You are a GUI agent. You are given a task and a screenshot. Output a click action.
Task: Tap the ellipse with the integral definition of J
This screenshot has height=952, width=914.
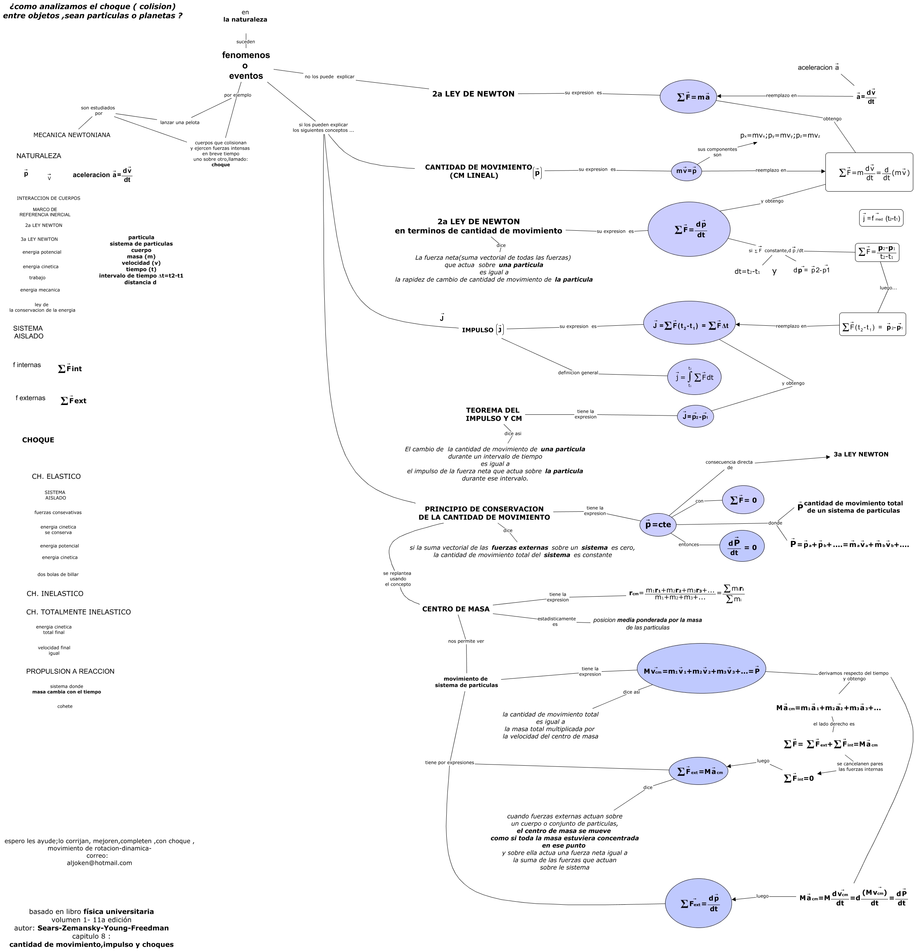pyautogui.click(x=694, y=377)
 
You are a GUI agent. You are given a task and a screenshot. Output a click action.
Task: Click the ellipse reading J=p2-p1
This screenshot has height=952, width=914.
pyautogui.click(x=695, y=416)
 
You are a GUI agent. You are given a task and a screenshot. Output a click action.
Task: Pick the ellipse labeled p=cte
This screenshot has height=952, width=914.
pyautogui.click(x=658, y=524)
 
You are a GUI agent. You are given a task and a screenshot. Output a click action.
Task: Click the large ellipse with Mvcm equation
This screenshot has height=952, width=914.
pyautogui.click(x=701, y=671)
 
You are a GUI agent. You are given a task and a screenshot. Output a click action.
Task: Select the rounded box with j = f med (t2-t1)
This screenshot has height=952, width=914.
pyautogui.click(x=881, y=218)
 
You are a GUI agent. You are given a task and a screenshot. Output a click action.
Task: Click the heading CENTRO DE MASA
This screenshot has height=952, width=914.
pyautogui.click(x=456, y=609)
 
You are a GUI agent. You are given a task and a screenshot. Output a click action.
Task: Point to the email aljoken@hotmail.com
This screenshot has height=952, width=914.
pyautogui.click(x=99, y=863)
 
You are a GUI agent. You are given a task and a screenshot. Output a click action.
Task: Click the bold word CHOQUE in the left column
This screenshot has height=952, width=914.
pyautogui.click(x=38, y=440)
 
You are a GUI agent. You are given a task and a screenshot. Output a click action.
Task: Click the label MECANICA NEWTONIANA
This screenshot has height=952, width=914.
pyautogui.click(x=72, y=135)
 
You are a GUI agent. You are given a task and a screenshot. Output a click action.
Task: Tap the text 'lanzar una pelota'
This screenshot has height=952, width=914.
pyautogui.click(x=179, y=122)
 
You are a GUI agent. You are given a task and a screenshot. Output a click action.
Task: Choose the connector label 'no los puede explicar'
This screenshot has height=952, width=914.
pyautogui.click(x=330, y=77)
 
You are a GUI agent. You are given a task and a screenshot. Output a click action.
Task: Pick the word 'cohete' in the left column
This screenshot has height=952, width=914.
pyautogui.click(x=65, y=706)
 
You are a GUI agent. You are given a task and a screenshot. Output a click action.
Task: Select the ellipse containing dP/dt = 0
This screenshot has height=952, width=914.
pyautogui.click(x=742, y=547)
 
